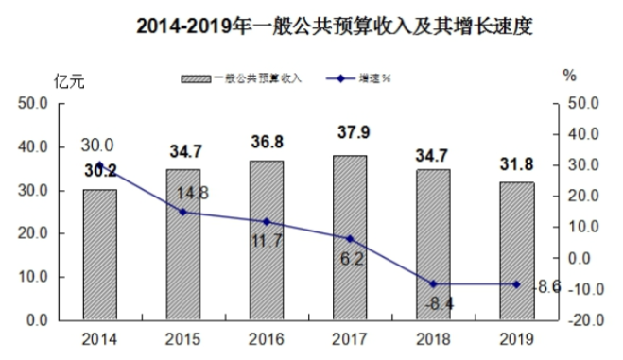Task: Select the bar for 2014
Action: [99, 255]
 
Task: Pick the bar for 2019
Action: [516, 251]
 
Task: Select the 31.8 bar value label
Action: [516, 164]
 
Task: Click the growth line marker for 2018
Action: [433, 283]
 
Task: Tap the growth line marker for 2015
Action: [183, 212]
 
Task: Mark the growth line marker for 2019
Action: [516, 283]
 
